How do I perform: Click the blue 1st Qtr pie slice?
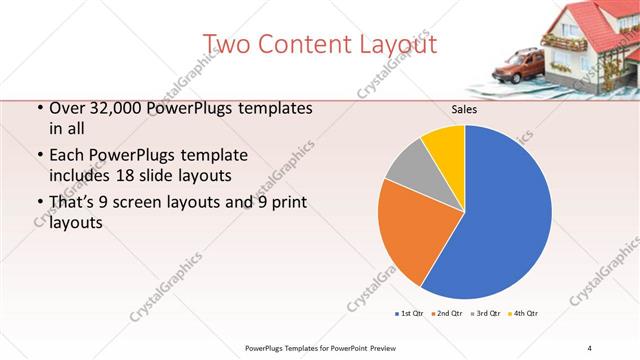point(500,220)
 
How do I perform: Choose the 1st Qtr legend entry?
point(410,314)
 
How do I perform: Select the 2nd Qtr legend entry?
point(446,314)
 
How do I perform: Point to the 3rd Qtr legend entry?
point(486,314)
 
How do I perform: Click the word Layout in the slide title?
point(397,44)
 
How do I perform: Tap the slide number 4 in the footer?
point(589,347)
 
